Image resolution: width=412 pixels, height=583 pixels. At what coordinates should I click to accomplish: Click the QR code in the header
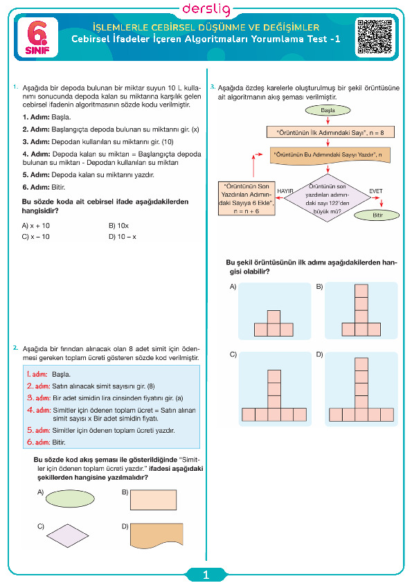[375, 37]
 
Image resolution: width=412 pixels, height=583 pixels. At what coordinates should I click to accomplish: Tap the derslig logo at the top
[206, 9]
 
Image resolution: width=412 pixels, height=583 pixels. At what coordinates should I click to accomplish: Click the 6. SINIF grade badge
[37, 37]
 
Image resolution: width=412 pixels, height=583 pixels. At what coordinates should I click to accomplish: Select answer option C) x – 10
[36, 237]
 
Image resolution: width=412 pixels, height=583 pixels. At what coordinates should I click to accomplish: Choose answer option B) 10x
[118, 226]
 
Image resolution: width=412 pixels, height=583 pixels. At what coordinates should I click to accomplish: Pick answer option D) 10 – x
[123, 237]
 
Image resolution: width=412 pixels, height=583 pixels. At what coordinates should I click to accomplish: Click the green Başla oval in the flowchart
[328, 110]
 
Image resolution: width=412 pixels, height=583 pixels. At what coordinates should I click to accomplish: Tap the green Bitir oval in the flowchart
[377, 215]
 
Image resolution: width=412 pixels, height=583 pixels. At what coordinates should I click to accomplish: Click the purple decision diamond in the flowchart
[328, 198]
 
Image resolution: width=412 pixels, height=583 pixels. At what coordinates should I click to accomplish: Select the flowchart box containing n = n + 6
[247, 198]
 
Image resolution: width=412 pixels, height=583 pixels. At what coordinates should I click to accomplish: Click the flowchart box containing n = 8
[330, 132]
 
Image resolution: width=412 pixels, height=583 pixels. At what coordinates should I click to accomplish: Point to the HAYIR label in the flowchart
[285, 191]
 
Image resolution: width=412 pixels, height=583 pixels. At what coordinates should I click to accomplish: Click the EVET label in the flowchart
[375, 191]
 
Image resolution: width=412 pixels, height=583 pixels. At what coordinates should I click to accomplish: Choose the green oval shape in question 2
[70, 499]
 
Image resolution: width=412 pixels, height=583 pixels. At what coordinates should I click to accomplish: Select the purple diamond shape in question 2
[68, 536]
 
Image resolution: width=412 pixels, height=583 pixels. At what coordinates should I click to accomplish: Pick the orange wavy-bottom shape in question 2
[156, 536]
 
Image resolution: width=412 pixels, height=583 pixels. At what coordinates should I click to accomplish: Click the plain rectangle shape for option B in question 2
[153, 500]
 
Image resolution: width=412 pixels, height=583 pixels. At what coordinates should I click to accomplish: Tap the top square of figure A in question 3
[274, 317]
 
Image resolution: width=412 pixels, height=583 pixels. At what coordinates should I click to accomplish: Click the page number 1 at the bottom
[206, 575]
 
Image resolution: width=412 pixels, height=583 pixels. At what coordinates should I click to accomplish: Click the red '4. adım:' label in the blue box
[39, 410]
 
